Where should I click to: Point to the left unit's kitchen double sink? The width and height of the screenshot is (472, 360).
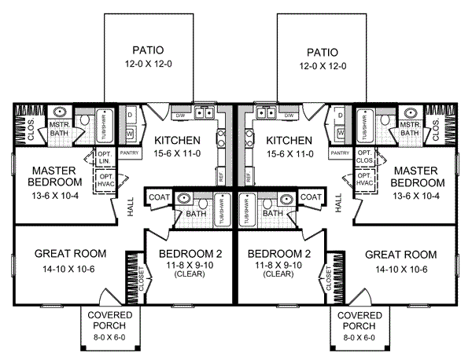[x=205, y=114]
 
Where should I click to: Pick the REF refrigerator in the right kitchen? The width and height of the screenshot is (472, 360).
[x=250, y=178]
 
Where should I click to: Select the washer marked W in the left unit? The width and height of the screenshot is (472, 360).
[x=131, y=134]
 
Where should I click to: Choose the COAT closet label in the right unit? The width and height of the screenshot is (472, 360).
[x=312, y=197]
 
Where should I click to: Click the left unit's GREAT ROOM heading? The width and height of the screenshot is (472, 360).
[x=60, y=255]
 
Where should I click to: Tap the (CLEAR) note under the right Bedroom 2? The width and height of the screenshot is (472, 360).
[x=280, y=274]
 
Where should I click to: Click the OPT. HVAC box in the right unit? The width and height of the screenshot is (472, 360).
[x=366, y=180]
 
